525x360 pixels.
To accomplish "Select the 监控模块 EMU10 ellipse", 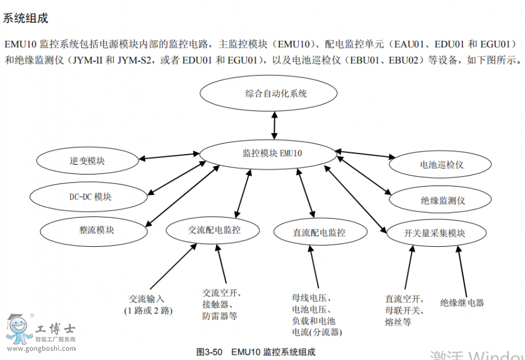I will (268, 153).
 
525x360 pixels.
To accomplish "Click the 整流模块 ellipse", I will (96, 230).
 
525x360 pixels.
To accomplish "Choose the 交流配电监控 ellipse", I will (214, 230).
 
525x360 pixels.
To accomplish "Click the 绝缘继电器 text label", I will (462, 303).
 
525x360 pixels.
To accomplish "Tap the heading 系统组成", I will (26, 19).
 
